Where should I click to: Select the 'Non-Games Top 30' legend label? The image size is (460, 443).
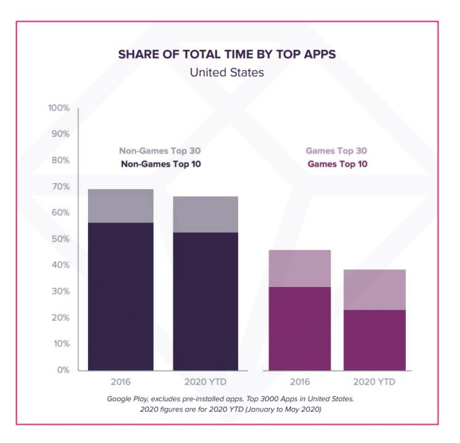pos(160,151)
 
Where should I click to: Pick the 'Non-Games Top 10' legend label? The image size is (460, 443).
pos(160,163)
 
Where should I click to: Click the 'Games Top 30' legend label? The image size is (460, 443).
pos(336,151)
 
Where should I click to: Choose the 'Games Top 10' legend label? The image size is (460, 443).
pos(337,163)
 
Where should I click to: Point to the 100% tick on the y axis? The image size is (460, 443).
pos(59,108)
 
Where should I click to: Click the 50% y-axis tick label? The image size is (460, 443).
pos(61,239)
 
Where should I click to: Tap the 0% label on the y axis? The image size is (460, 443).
pos(63,370)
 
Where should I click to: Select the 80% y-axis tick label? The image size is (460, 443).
pos(61,161)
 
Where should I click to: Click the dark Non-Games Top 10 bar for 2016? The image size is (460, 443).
pos(120,296)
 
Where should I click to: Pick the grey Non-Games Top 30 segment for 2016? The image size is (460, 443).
pos(120,205)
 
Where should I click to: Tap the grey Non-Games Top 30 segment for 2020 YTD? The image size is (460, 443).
pos(206,214)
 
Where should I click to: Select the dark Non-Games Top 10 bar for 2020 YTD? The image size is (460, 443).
pos(206,301)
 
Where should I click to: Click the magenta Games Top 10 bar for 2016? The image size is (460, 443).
pos(300,329)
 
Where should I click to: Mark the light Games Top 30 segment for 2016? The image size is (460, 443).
pos(300,268)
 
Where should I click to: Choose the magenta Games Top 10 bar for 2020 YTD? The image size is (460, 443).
pos(374,340)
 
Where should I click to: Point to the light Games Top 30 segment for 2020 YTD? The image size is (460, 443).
pos(374,289)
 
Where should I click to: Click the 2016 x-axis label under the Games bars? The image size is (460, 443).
pos(300,382)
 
